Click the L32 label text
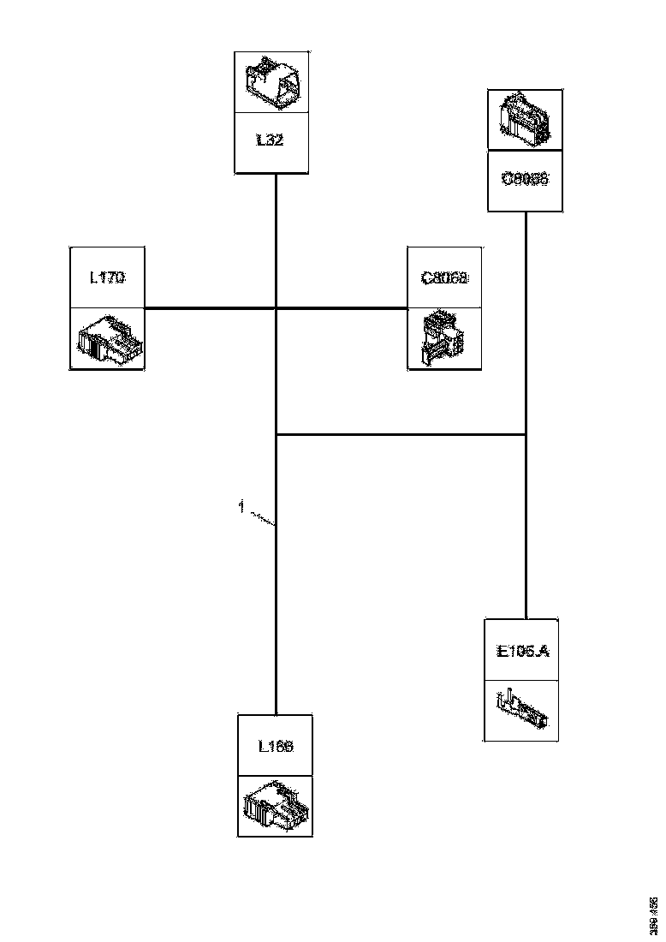[271, 141]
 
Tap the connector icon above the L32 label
[271, 81]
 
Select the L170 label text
[107, 277]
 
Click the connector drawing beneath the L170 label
[107, 338]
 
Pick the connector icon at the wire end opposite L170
[444, 338]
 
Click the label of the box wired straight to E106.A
[525, 181]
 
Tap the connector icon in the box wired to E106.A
[525, 121]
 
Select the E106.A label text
[522, 651]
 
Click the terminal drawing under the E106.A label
[522, 711]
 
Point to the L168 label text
[276, 746]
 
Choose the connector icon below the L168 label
[276, 806]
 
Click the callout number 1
[241, 507]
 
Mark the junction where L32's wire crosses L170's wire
[276, 307]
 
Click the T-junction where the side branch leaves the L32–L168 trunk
[276, 435]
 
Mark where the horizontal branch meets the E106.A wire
[525, 435]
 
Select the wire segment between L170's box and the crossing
[210, 307]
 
